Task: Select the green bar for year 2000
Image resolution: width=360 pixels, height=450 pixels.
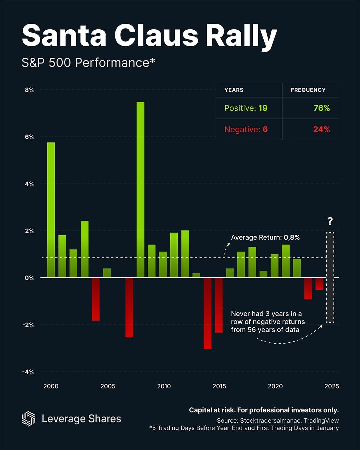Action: coord(51,210)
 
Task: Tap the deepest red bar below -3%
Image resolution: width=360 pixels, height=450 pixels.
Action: coord(207,313)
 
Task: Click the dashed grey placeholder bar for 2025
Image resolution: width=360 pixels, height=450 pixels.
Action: coord(330,277)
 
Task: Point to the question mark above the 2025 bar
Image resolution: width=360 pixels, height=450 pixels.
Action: coord(330,221)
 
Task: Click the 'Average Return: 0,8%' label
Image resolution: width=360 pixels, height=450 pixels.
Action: coord(265,237)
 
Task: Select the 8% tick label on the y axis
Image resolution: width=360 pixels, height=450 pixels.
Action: coord(29,90)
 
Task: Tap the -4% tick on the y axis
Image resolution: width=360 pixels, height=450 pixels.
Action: coord(28,372)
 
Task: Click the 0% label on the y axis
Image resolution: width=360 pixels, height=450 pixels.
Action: coord(29,278)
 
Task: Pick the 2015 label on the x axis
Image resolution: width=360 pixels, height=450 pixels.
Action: coord(219,386)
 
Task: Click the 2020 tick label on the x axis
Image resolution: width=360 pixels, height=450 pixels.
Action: coord(275,386)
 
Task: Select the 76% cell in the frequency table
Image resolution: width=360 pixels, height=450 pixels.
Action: coord(321,108)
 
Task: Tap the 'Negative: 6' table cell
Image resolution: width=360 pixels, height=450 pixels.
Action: coord(246,129)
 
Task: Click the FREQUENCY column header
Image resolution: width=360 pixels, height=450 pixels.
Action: coord(308,90)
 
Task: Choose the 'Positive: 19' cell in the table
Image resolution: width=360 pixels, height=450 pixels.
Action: coord(246,108)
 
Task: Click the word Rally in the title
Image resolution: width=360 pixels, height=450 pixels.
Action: coord(241,36)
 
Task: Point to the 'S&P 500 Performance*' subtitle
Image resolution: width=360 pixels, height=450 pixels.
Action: coord(88,63)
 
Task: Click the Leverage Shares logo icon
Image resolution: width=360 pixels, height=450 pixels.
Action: coord(28,418)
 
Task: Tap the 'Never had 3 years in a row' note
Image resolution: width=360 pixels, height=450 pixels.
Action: coord(268,322)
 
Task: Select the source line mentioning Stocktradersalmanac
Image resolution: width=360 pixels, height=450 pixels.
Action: coord(278,421)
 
